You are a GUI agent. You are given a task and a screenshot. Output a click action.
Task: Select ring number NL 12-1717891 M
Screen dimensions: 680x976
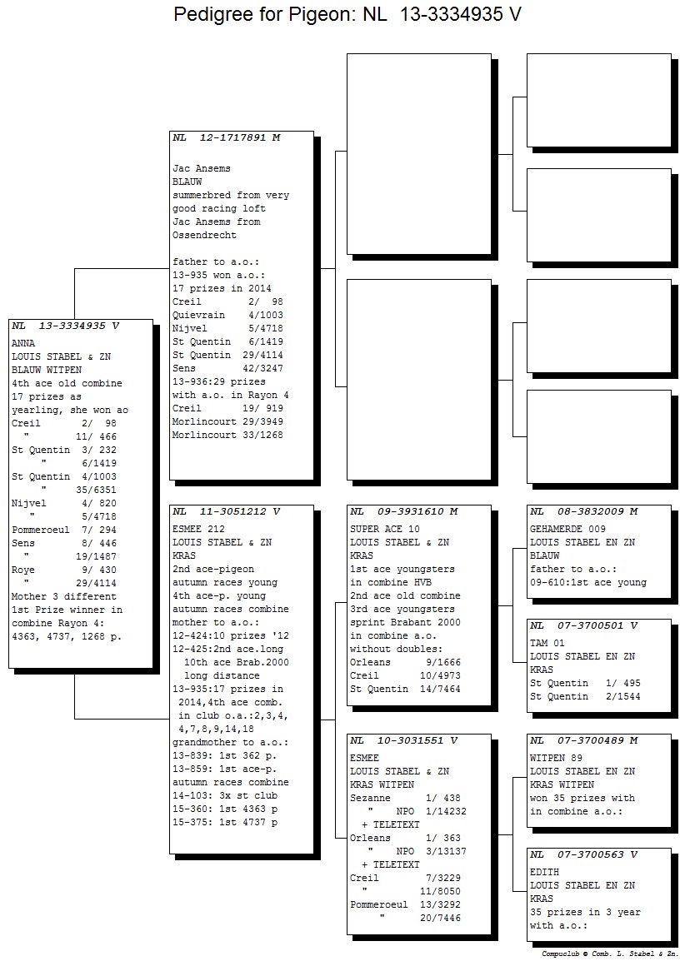[227, 137]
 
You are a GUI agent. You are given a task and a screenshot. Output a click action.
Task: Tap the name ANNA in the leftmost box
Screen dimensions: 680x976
[23, 343]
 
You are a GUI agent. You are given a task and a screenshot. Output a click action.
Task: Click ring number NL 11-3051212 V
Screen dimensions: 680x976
[227, 511]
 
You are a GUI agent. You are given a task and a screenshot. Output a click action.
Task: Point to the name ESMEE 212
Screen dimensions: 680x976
[198, 529]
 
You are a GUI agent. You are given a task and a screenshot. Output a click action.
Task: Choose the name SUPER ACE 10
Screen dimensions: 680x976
[385, 529]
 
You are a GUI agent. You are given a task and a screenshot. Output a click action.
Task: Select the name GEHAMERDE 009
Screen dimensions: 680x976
[567, 529]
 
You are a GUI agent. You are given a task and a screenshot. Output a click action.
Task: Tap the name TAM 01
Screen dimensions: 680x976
[547, 643]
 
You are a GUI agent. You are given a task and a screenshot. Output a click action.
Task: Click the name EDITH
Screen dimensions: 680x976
[544, 872]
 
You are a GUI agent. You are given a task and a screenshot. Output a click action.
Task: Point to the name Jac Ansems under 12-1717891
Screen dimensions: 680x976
[202, 169]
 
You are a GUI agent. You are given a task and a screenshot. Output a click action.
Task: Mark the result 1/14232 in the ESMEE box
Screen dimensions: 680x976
[446, 811]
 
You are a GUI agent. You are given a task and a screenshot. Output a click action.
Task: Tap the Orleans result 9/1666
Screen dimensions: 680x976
[443, 662]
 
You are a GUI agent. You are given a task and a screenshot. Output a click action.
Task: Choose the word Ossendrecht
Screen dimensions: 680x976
[205, 236]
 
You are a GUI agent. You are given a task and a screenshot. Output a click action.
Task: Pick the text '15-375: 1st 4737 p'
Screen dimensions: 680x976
[225, 822]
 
